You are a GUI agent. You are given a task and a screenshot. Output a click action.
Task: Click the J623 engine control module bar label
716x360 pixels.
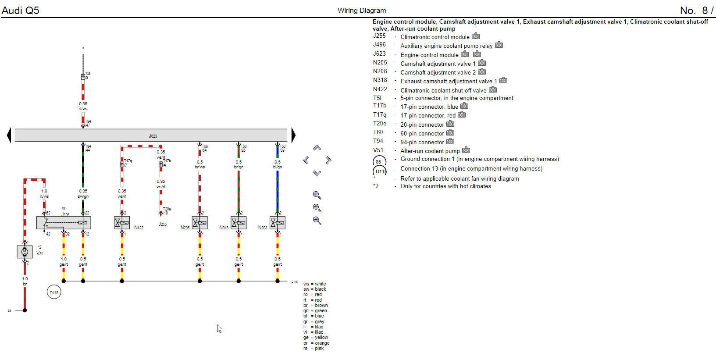click(x=153, y=136)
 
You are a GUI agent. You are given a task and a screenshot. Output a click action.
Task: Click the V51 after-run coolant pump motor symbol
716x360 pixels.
click(x=25, y=251)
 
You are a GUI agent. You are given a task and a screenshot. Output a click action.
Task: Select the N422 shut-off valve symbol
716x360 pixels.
click(x=122, y=223)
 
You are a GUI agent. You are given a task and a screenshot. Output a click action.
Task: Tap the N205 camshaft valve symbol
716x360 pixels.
click(x=199, y=223)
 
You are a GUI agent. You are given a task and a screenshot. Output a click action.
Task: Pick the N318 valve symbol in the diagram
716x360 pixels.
click(x=239, y=223)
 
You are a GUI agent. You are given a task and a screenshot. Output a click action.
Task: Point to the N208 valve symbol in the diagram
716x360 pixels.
click(x=278, y=223)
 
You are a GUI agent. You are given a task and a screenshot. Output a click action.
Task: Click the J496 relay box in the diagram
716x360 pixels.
click(x=64, y=223)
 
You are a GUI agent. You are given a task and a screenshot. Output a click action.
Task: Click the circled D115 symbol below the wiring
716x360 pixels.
click(x=54, y=292)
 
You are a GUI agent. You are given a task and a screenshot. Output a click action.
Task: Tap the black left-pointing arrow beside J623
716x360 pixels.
click(x=9, y=135)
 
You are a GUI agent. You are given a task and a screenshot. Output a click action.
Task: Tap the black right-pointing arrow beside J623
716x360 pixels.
click(x=293, y=135)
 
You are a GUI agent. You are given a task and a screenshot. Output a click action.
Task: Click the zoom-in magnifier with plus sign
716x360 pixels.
click(x=317, y=208)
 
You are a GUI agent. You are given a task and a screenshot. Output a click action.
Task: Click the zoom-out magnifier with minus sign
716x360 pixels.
click(x=317, y=220)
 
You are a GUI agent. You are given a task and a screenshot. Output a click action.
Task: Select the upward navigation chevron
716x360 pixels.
click(x=317, y=148)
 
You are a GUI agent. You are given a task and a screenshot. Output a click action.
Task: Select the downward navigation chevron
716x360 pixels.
click(x=317, y=173)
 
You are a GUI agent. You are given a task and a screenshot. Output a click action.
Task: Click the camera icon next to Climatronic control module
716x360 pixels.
click(x=476, y=36)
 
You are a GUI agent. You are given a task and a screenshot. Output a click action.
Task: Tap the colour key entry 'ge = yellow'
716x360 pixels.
click(x=316, y=338)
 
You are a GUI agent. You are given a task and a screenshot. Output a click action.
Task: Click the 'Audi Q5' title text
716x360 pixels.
click(x=21, y=10)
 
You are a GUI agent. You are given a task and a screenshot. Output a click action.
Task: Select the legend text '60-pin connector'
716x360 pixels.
click(x=422, y=133)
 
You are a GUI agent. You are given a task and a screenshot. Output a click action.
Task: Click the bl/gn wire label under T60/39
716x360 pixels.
click(x=278, y=167)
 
